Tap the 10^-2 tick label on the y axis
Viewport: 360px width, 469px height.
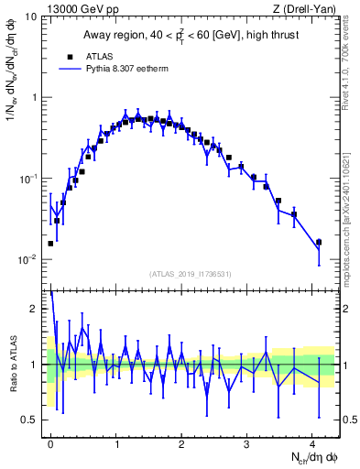[x=27, y=260]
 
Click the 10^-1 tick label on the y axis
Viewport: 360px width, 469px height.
[x=27, y=179]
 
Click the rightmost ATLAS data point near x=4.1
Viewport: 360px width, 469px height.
[x=318, y=243]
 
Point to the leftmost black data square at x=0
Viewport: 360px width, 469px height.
[x=50, y=244]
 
